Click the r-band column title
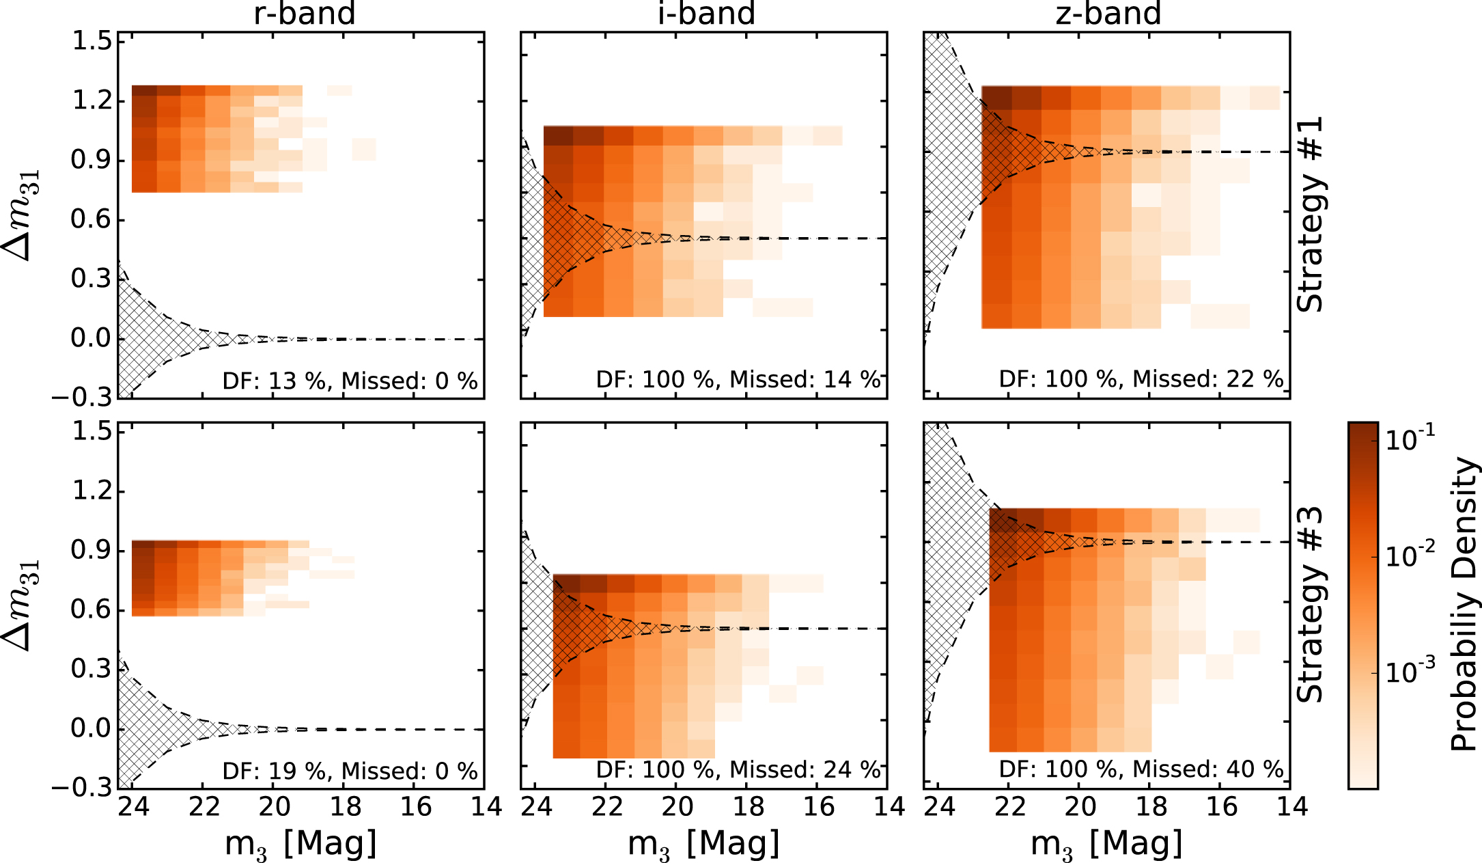pyautogui.click(x=305, y=14)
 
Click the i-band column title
pyautogui.click(x=706, y=14)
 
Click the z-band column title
pyautogui.click(x=1108, y=14)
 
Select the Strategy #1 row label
pyautogui.click(x=1310, y=215)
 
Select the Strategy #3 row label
pyautogui.click(x=1310, y=605)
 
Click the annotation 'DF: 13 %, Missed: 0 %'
pyautogui.click(x=350, y=381)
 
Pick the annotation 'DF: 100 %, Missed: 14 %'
pyautogui.click(x=738, y=380)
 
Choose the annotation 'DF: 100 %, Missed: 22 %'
pyautogui.click(x=1141, y=379)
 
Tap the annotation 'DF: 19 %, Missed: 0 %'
pyautogui.click(x=350, y=771)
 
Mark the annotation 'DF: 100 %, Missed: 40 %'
pyautogui.click(x=1141, y=770)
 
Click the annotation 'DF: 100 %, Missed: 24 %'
pyautogui.click(x=738, y=770)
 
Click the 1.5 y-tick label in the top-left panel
pyautogui.click(x=92, y=42)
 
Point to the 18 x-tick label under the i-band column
pyautogui.click(x=749, y=808)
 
